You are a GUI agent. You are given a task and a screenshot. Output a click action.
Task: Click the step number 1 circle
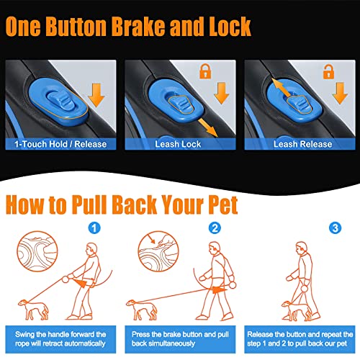pyautogui.click(x=94, y=228)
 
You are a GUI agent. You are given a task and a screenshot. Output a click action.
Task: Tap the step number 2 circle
pyautogui.click(x=215, y=228)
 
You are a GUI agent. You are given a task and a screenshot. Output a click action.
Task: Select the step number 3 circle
pyautogui.click(x=336, y=228)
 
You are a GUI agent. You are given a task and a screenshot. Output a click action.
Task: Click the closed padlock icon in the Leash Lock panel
pyautogui.click(x=205, y=71)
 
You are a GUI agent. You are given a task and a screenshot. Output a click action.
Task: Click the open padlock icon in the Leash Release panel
pyautogui.click(x=328, y=71)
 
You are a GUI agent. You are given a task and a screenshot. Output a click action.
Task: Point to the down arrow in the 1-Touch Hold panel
pyautogui.click(x=96, y=95)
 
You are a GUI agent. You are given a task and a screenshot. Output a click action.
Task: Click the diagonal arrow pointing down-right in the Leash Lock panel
pyautogui.click(x=207, y=127)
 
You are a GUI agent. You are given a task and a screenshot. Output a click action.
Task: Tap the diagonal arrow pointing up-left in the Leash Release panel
pyautogui.click(x=282, y=89)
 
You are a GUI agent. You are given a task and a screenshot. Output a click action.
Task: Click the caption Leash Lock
pyautogui.click(x=178, y=144)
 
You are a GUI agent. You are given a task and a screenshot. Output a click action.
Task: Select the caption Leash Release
pyautogui.click(x=303, y=144)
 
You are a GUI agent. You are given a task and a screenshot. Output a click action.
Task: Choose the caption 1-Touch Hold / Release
pyautogui.click(x=60, y=144)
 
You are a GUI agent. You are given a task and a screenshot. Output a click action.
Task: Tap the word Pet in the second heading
pyautogui.click(x=222, y=204)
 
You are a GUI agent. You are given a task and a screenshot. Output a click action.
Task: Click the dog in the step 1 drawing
pyautogui.click(x=33, y=310)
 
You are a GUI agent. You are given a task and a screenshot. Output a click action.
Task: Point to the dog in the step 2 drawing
pyautogui.click(x=142, y=310)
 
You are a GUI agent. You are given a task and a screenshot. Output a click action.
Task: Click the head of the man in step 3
pyautogui.click(x=302, y=248)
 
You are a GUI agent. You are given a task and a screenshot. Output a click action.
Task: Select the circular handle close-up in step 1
pyautogui.click(x=37, y=251)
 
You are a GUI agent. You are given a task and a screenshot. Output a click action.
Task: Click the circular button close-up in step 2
pyautogui.click(x=158, y=251)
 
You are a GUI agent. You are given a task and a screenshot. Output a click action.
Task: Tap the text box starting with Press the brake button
pyautogui.click(x=180, y=339)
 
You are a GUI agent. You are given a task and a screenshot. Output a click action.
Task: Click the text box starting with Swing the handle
pyautogui.click(x=60, y=339)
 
